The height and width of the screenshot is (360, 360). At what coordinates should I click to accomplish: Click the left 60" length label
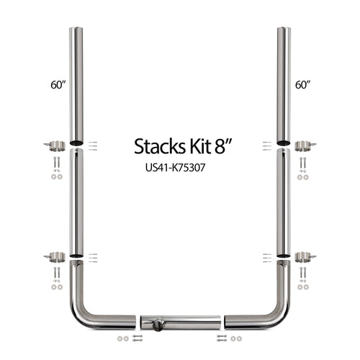coord(58,85)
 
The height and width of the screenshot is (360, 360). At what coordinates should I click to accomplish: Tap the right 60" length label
coord(302,85)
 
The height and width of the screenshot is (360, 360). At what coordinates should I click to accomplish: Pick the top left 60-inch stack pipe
coord(76,83)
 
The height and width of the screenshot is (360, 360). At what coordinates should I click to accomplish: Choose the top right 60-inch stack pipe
coord(284,83)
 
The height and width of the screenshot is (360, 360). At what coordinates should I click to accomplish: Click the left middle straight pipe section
coord(76,202)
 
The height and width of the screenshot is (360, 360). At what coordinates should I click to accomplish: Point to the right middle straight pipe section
coord(284,202)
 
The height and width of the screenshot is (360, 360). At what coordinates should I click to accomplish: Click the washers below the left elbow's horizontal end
coord(123,338)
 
